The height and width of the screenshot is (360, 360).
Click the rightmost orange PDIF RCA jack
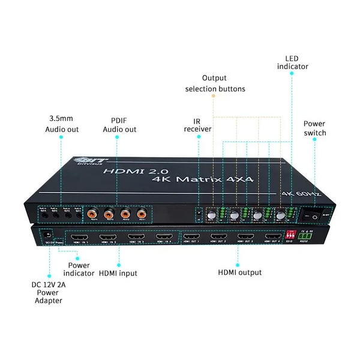pyautogui.click(x=141, y=212)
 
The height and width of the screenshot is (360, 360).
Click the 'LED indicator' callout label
pyautogui.click(x=292, y=62)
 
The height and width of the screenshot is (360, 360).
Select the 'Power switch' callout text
pyautogui.click(x=314, y=128)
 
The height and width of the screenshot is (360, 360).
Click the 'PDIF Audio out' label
pyautogui.click(x=120, y=124)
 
